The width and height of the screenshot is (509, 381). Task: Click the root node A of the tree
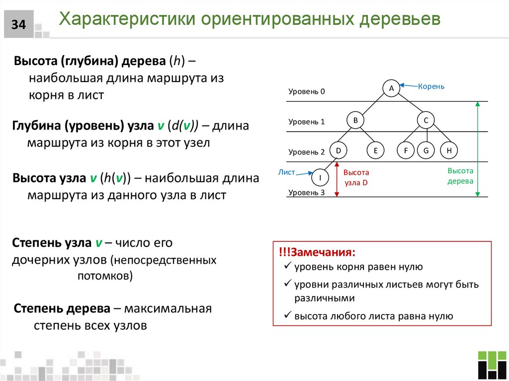coord(391,88)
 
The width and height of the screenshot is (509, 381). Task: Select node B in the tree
coord(355,120)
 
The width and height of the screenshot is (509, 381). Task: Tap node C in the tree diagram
coord(426,120)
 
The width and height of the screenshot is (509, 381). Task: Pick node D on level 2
coord(338,150)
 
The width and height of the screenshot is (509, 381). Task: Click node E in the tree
coord(376,150)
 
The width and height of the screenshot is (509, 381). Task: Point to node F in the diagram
coord(406,150)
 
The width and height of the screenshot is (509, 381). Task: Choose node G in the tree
coord(426,150)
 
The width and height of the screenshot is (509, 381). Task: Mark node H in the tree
coord(449,150)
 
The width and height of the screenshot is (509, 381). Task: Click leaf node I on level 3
coord(321,177)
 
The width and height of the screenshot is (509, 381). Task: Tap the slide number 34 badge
coord(19,24)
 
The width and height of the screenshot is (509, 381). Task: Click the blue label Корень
coord(431,86)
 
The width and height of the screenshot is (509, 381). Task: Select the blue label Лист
coord(287,172)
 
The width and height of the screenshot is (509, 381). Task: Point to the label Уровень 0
coord(306,92)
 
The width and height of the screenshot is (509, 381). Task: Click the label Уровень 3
coord(306,192)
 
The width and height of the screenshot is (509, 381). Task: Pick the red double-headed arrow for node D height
coord(337,179)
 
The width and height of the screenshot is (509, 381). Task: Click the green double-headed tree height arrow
coord(478,149)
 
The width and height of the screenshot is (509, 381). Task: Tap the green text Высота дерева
coord(460,176)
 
